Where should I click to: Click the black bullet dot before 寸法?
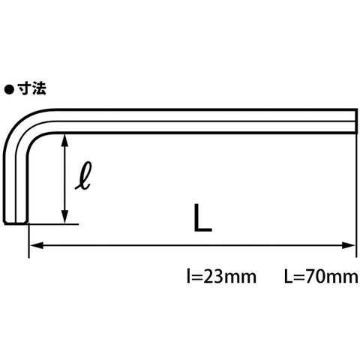point(9,90)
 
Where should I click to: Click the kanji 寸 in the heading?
point(24,88)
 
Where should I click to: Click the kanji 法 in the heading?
point(39,88)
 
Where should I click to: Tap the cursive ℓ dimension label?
point(83,175)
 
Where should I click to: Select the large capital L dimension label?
point(202,217)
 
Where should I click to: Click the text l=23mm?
point(221,277)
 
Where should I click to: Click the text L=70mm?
point(321,277)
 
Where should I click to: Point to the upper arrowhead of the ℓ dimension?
point(65,140)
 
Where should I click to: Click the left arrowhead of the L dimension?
point(37,245)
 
